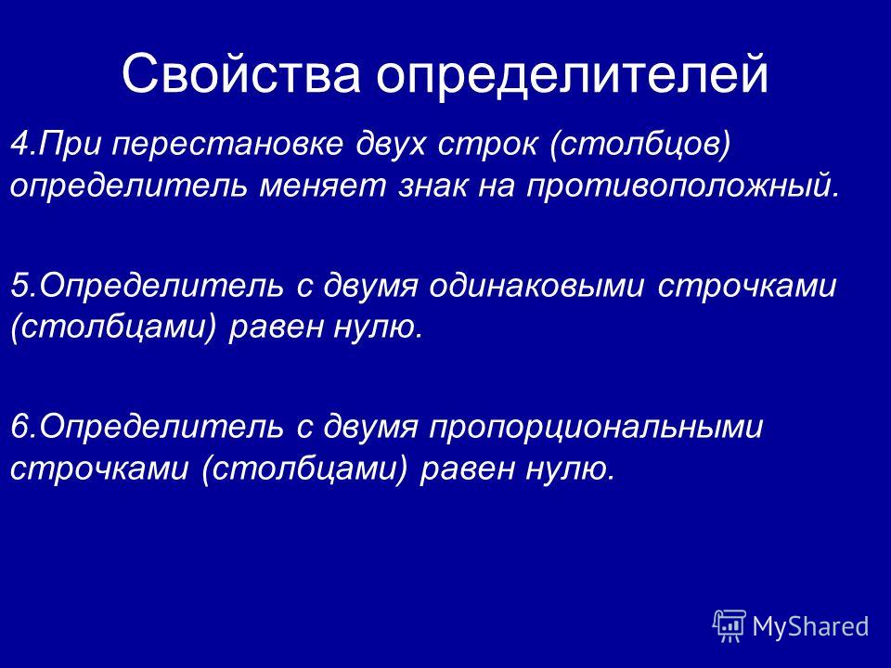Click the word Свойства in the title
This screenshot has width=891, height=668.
(241, 73)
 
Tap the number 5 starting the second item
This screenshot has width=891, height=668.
(19, 285)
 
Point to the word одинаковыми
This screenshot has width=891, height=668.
(536, 285)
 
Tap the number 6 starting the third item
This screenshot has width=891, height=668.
(19, 426)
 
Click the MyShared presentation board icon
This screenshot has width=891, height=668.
(730, 626)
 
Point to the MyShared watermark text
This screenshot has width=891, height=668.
(810, 627)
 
